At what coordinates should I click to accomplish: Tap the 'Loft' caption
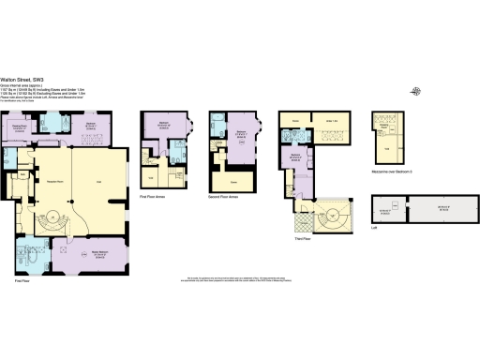(375, 227)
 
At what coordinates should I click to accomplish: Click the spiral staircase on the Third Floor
(331, 216)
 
